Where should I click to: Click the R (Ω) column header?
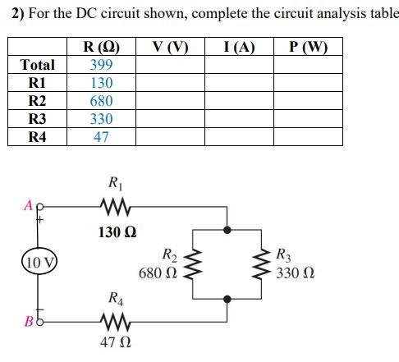tap(102, 47)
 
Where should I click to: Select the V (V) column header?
tap(171, 47)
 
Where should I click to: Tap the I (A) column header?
tap(238, 47)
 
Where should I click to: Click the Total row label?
tap(38, 65)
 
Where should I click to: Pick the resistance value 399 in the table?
tap(102, 65)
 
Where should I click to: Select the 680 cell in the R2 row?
tap(102, 101)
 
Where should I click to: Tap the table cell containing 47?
tap(102, 137)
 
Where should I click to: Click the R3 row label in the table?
tap(38, 119)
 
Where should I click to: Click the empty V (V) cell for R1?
tap(171, 83)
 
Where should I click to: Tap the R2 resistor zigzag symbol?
tap(195, 263)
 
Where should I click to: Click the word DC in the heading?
tap(91, 14)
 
